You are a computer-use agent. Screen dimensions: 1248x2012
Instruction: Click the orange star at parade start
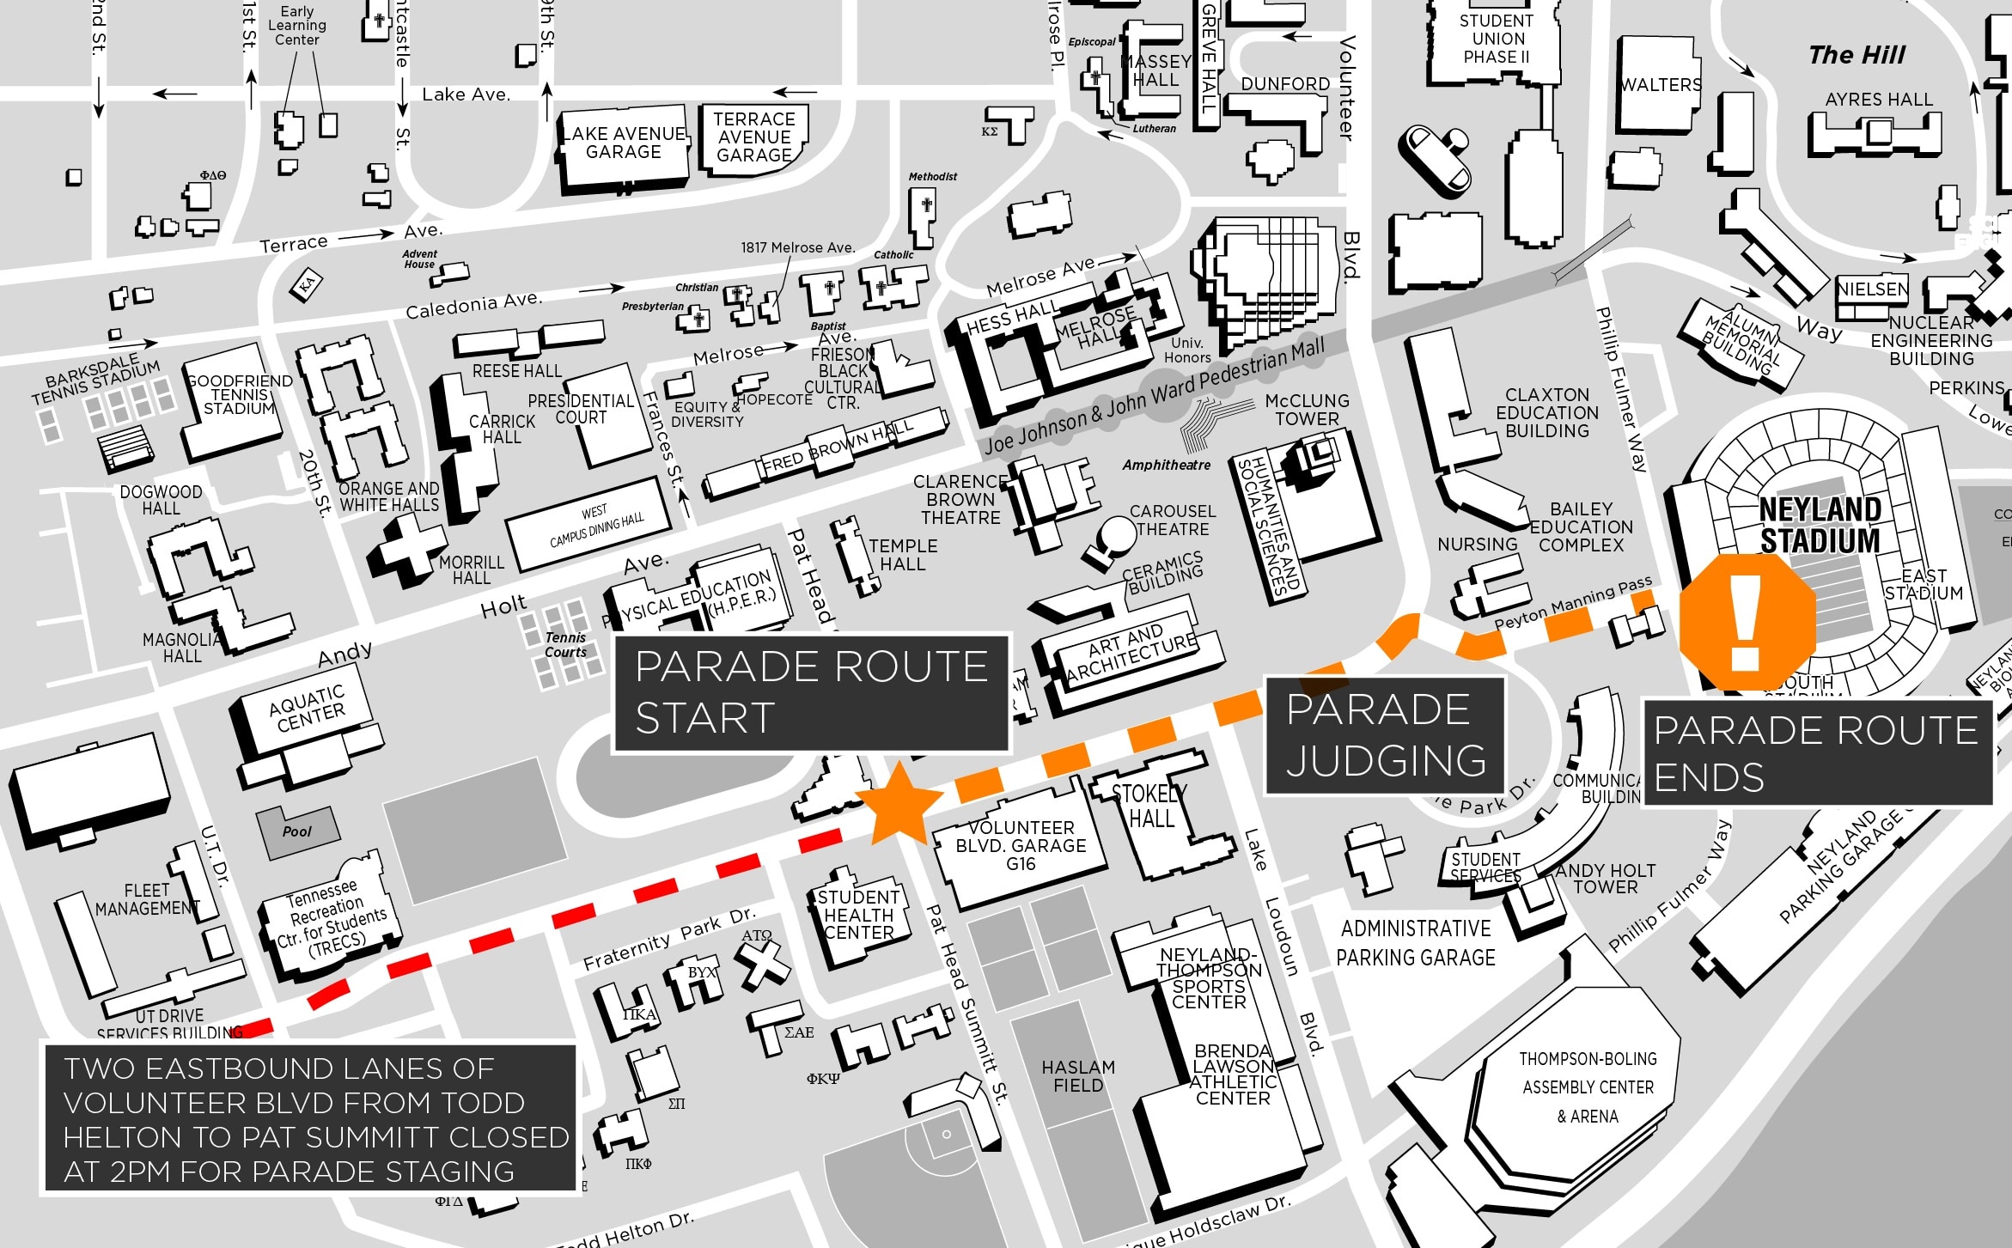(x=899, y=803)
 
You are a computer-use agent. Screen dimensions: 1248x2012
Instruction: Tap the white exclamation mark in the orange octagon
(x=1746, y=623)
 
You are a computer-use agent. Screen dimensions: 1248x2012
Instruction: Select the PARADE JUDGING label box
(x=1385, y=735)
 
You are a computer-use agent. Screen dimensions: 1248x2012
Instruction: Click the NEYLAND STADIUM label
(x=1820, y=525)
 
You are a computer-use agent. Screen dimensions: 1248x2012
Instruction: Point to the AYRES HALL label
(x=1879, y=100)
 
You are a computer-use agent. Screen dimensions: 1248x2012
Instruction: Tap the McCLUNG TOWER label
(x=1307, y=410)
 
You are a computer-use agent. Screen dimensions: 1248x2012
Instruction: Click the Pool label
(x=297, y=831)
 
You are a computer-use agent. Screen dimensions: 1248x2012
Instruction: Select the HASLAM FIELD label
(x=1077, y=1076)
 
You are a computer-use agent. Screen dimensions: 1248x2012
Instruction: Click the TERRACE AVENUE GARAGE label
(x=754, y=137)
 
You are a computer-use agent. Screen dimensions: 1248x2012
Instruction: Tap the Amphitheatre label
(x=1166, y=465)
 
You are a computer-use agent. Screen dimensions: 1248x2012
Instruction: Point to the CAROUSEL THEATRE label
(x=1172, y=521)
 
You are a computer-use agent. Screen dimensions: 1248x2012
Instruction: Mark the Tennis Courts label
(x=565, y=644)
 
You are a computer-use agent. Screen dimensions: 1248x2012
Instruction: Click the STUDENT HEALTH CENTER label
(x=858, y=915)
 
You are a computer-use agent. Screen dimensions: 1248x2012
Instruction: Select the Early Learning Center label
(x=296, y=26)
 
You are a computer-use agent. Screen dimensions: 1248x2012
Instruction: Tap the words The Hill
(x=1856, y=55)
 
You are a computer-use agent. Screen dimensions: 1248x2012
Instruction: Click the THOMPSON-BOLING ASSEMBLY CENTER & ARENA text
(x=1588, y=1087)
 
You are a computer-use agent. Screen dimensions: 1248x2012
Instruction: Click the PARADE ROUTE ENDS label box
(x=1816, y=753)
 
